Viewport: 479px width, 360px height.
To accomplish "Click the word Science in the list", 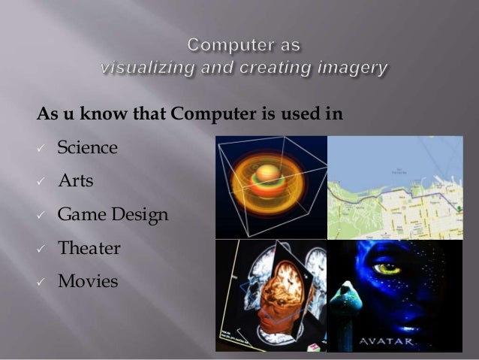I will [87, 147].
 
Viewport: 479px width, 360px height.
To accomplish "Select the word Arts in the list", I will [76, 181].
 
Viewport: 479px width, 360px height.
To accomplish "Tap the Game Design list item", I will [113, 216].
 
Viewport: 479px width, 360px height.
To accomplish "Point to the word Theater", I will [89, 248].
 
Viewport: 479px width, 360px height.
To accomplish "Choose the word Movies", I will [87, 282].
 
